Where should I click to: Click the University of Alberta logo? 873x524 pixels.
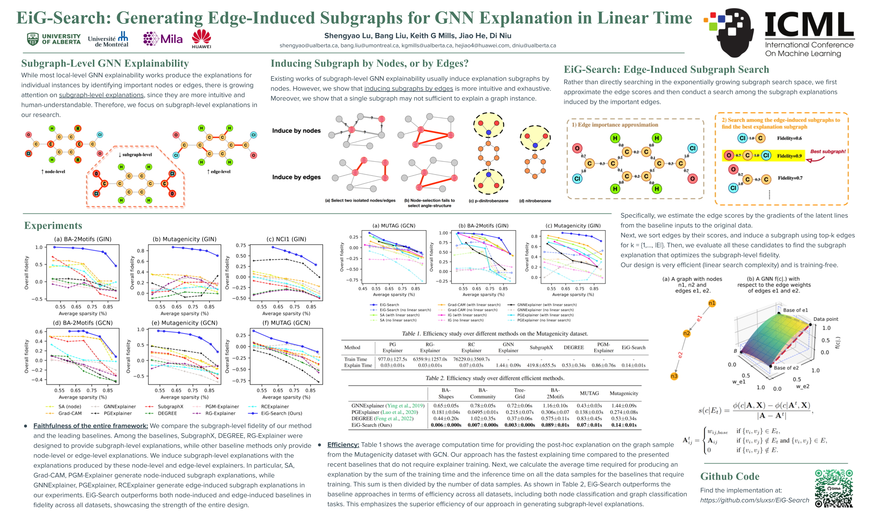[54, 39]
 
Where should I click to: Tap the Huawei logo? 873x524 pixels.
[201, 39]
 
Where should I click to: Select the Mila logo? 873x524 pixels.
[163, 38]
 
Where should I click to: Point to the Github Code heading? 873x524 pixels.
[729, 476]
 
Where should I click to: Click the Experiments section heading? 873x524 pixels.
[53, 225]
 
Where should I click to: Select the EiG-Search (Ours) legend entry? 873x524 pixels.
[277, 413]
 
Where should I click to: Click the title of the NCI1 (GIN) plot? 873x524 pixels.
[286, 239]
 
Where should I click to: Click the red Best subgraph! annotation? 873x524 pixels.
[828, 152]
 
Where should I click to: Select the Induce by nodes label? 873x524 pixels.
[296, 131]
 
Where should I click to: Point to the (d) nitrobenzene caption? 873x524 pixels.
[535, 201]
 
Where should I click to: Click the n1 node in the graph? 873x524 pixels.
[712, 303]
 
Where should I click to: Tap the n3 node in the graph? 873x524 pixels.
[674, 376]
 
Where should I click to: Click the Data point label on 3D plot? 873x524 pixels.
[826, 319]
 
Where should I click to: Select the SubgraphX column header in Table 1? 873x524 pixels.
[541, 348]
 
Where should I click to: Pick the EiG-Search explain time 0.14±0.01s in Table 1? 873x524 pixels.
[633, 365]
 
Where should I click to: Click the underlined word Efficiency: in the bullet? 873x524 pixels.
[343, 445]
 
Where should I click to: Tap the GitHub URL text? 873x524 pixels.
[754, 500]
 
